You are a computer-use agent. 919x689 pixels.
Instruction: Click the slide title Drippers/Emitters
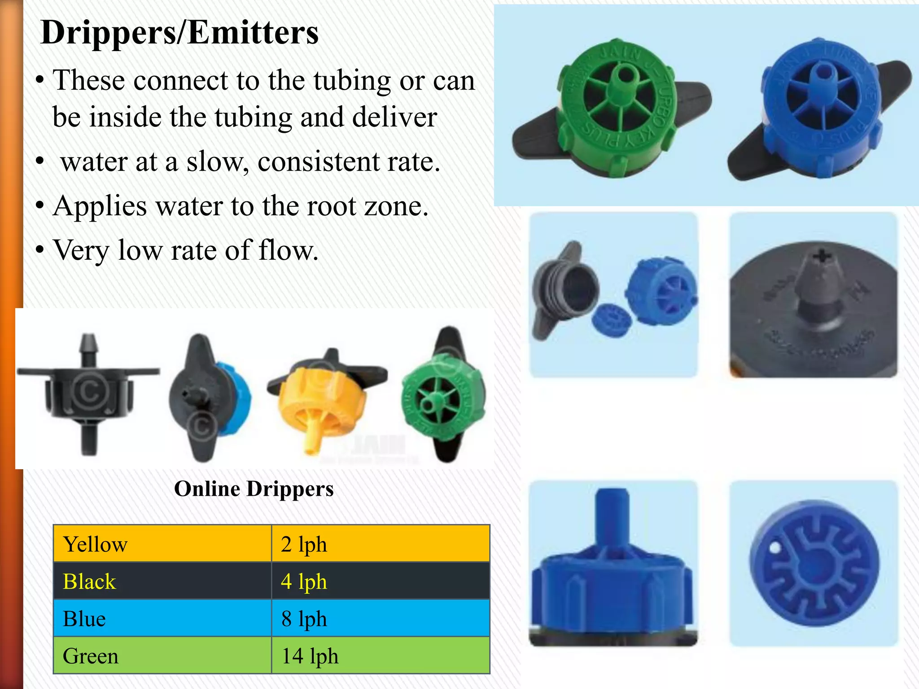click(x=179, y=32)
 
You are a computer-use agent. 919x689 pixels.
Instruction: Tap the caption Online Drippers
click(x=254, y=488)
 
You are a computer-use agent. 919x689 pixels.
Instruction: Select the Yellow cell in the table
click(x=162, y=544)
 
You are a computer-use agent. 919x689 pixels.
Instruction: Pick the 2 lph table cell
click(x=380, y=544)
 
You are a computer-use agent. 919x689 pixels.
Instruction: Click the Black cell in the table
click(x=162, y=581)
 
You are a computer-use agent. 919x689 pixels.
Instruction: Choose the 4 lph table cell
click(x=380, y=581)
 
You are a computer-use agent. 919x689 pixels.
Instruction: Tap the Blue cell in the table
click(x=162, y=619)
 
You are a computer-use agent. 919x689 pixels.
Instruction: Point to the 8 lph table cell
click(x=380, y=619)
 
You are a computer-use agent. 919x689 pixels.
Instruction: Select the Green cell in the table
click(x=162, y=655)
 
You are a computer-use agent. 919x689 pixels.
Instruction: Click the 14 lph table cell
click(x=380, y=655)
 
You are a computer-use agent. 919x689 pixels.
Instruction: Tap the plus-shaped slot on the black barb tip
click(x=822, y=257)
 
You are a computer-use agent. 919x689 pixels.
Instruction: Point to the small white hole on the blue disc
click(x=775, y=548)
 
